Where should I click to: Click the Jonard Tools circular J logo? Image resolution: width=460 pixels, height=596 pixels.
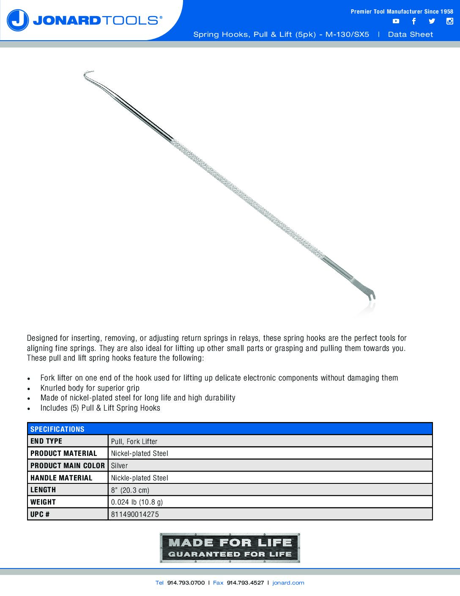[x=18, y=20]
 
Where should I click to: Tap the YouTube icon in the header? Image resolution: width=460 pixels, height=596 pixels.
[x=396, y=21]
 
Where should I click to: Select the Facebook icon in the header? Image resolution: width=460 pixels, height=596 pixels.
[x=414, y=21]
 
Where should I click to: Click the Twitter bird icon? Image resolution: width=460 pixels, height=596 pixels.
[x=432, y=21]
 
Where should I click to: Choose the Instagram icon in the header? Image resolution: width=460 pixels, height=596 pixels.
[x=450, y=21]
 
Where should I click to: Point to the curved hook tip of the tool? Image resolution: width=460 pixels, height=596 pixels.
[x=88, y=74]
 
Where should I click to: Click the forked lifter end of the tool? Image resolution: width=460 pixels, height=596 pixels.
[x=370, y=294]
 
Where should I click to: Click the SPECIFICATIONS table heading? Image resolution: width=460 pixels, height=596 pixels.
[x=57, y=429]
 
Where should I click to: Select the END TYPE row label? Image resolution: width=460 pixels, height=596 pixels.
[x=46, y=441]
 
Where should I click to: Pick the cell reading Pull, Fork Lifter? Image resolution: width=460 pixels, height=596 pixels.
[x=134, y=441]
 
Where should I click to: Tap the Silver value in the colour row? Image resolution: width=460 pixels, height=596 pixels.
[x=119, y=466]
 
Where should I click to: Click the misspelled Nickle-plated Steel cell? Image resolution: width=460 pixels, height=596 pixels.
[x=140, y=478]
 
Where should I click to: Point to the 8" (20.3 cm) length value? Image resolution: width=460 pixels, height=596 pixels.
[x=130, y=490]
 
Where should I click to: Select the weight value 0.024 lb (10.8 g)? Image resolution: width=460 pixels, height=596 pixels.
[x=137, y=502]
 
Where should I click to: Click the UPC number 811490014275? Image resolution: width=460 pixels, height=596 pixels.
[x=135, y=514]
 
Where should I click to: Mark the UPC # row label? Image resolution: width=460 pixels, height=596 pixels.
[x=40, y=514]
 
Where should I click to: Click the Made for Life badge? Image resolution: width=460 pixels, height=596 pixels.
[x=230, y=548]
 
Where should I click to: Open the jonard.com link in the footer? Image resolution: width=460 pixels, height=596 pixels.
[x=288, y=583]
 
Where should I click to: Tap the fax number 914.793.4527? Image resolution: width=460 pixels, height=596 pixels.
[x=245, y=583]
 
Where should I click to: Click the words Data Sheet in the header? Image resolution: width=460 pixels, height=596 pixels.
[x=411, y=34]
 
